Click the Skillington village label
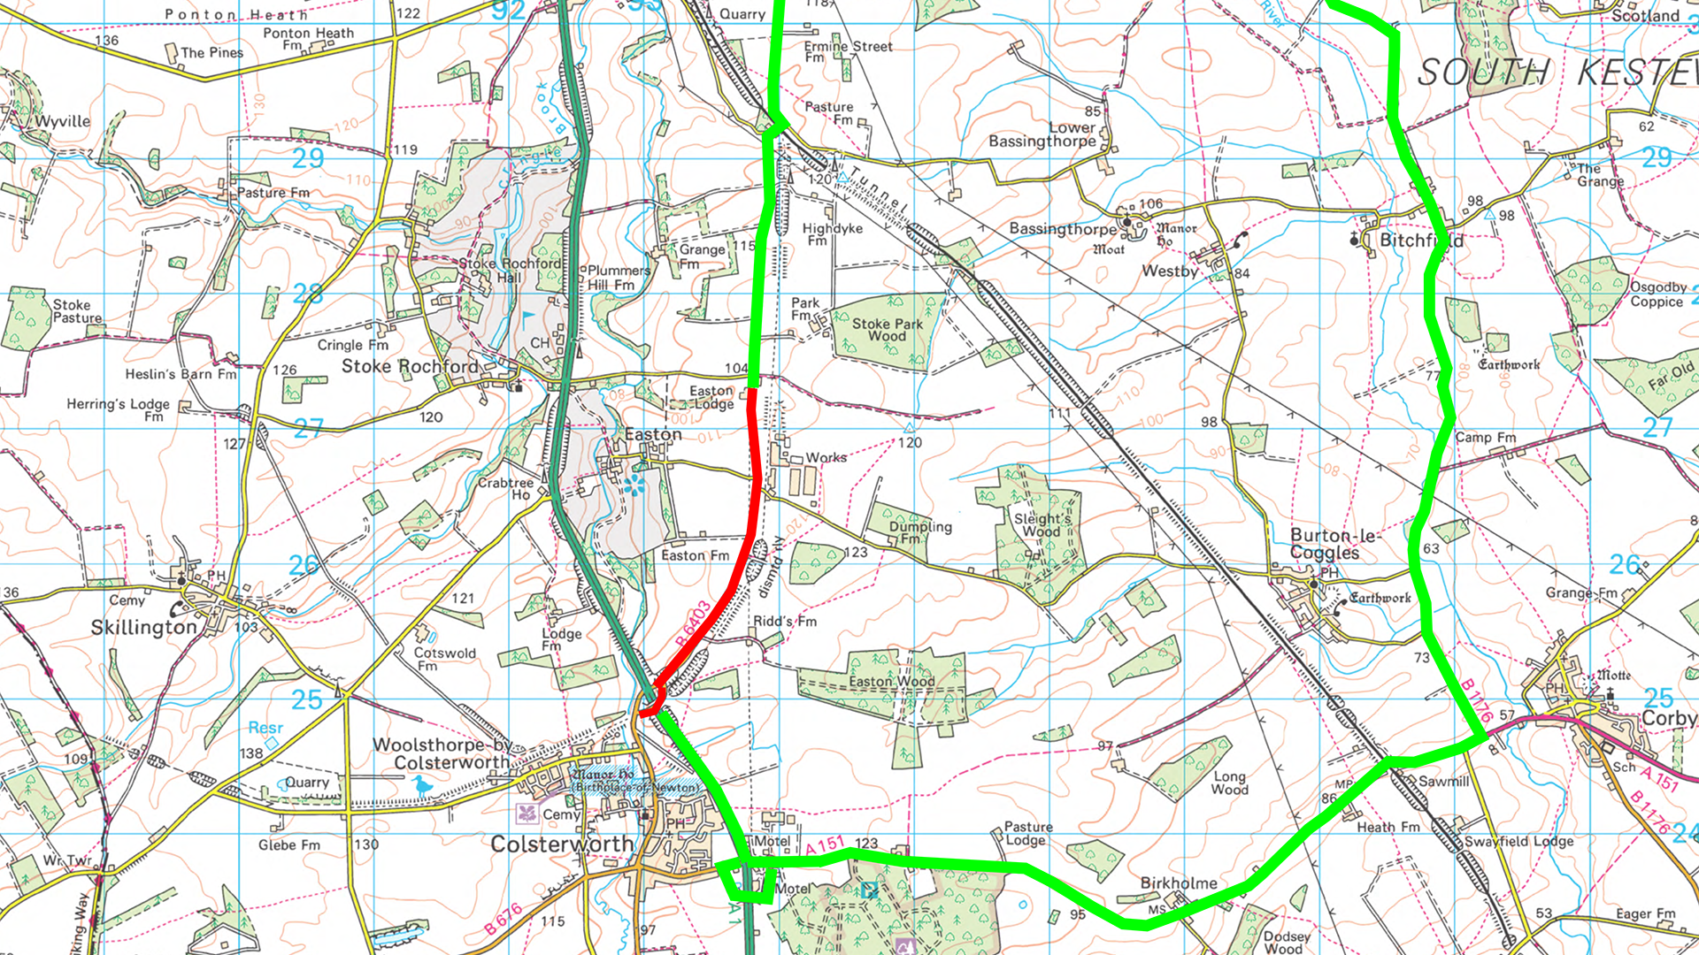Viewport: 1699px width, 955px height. (143, 627)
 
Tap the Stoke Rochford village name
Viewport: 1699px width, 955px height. (409, 366)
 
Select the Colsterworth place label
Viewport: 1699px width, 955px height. (562, 844)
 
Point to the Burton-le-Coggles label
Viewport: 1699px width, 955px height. (1325, 544)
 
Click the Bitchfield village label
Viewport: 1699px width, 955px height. (1421, 241)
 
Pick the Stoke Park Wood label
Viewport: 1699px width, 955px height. (887, 330)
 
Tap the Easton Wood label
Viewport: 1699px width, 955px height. (891, 682)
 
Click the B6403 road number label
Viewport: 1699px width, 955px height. (693, 623)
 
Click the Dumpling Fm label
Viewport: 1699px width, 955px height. (919, 531)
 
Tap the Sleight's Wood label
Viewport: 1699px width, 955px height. (1042, 525)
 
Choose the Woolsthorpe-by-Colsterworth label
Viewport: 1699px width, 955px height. (442, 753)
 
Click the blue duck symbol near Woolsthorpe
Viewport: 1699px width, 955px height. (423, 785)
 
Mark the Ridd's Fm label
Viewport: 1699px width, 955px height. (785, 622)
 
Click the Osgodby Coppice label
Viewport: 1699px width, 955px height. (1657, 294)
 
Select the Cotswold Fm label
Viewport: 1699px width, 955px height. (444, 659)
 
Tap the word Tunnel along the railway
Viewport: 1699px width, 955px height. (880, 190)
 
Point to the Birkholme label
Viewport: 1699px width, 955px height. (1178, 883)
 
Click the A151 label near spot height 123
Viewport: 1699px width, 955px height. (825, 845)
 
